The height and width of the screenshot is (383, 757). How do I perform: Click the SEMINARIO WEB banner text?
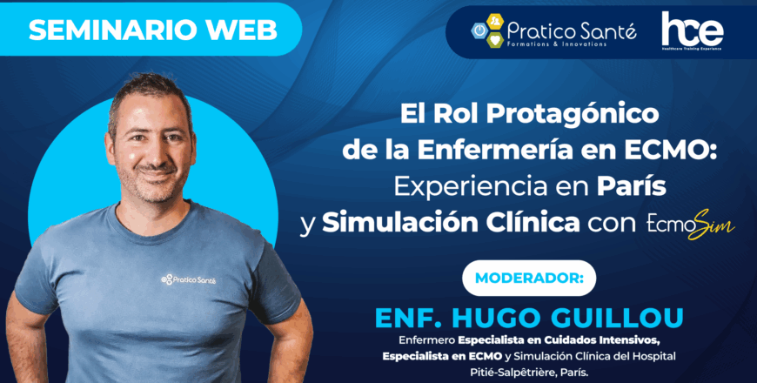point(152,30)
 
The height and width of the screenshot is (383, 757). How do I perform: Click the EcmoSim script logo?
point(690,224)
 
